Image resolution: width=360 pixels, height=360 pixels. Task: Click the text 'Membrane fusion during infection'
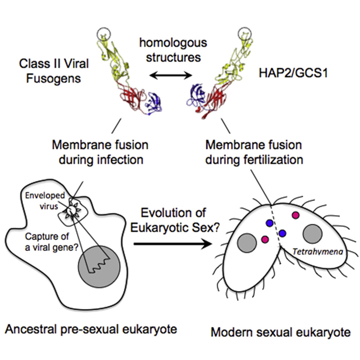(100, 152)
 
